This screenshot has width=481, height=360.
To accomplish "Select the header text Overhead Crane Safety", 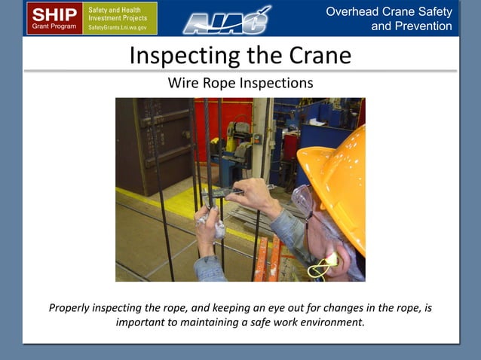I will pyautogui.click(x=389, y=11).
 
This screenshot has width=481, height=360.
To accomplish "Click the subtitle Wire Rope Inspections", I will pyautogui.click(x=240, y=83).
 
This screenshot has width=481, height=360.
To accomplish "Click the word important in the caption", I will pyautogui.click(x=143, y=322).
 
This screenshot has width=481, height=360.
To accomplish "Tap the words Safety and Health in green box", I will pyautogui.click(x=110, y=8).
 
